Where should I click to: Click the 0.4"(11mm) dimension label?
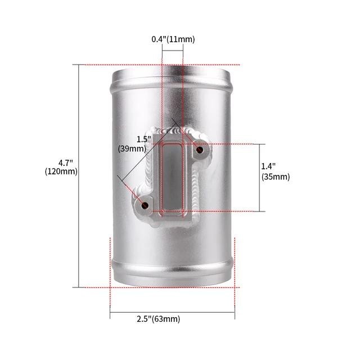tap(173, 39)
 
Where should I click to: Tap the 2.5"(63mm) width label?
tap(159, 319)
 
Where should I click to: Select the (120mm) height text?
tap(61, 172)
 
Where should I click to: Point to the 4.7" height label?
tap(66, 163)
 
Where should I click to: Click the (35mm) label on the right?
tap(276, 177)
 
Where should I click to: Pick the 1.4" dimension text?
tap(269, 166)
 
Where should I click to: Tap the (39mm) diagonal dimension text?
tap(132, 148)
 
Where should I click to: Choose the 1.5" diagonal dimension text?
tap(144, 139)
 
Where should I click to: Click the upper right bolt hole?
tap(200, 150)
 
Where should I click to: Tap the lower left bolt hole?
tap(145, 205)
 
